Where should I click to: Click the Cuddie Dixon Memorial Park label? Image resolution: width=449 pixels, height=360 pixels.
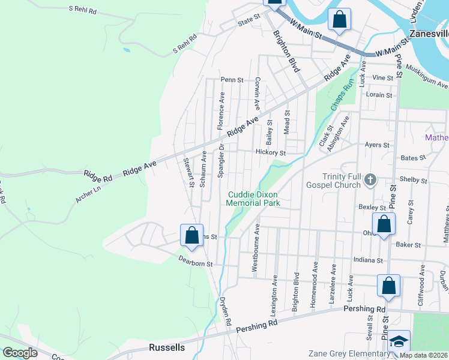click(x=253, y=199)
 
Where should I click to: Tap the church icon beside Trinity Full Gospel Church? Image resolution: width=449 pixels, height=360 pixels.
click(x=371, y=179)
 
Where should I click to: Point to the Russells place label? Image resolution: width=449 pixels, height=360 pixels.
click(x=166, y=348)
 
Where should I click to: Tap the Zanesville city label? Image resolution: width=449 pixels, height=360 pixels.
click(x=429, y=33)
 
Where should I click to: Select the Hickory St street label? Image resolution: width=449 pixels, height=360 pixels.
click(x=270, y=152)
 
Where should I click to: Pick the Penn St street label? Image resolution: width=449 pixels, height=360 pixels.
click(x=232, y=79)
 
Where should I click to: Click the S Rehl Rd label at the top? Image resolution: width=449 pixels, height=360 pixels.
click(x=82, y=9)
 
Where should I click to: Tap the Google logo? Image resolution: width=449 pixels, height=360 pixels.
click(x=20, y=353)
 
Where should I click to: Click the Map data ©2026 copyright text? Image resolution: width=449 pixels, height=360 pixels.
click(x=423, y=355)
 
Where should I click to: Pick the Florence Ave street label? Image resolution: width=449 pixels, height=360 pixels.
click(x=221, y=111)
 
